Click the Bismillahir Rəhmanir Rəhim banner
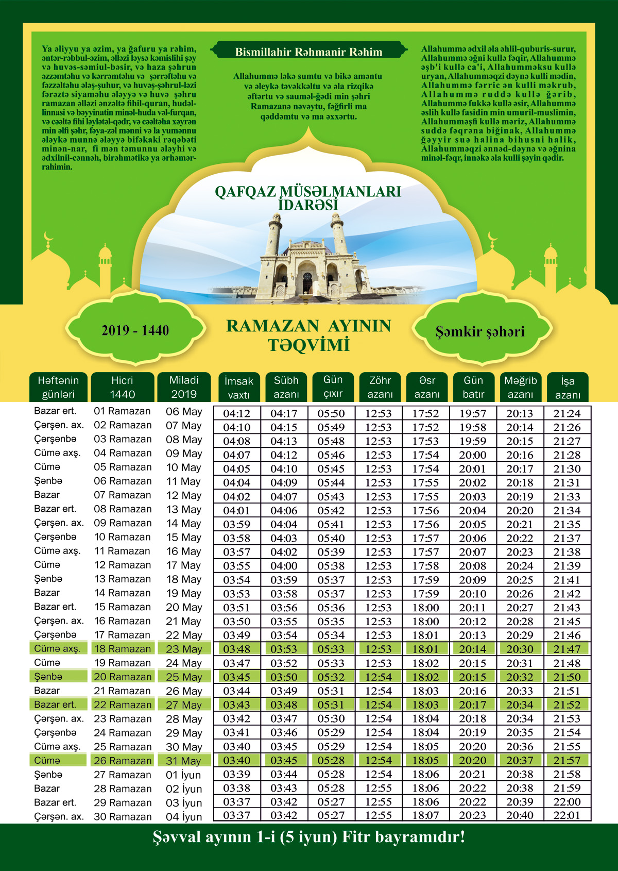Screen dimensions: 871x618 [x=308, y=52]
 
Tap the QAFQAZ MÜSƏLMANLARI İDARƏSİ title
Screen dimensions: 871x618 [x=308, y=198]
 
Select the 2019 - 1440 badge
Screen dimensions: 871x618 [x=135, y=330]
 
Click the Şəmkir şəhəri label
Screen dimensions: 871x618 [x=480, y=331]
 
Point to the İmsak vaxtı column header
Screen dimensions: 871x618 [x=238, y=388]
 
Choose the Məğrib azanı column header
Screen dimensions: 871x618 [x=520, y=387]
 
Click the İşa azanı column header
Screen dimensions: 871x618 [x=568, y=388]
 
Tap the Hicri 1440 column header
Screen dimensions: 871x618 [x=122, y=387]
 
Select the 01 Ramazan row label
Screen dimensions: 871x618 [x=123, y=411]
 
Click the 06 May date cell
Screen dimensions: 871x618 [x=184, y=412]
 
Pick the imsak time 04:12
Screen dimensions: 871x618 [x=237, y=413]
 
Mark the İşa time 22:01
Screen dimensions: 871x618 [x=567, y=815]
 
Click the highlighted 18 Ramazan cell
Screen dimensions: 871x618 [x=123, y=649]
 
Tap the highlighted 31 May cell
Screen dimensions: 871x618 [x=183, y=761]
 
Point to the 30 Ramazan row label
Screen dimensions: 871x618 [x=123, y=816]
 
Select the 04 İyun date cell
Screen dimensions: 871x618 [x=184, y=816]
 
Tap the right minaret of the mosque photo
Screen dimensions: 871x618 [x=338, y=234]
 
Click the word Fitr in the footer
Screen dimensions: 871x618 [x=356, y=836]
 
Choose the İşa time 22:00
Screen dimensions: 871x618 [x=567, y=802]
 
